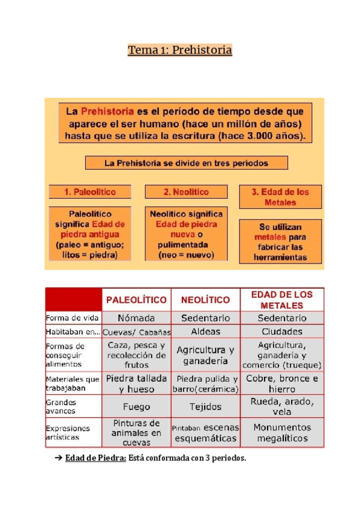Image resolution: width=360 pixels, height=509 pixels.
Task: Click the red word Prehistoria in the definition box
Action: [x=107, y=112]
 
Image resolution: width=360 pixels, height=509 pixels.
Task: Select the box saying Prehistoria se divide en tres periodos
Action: [x=186, y=163]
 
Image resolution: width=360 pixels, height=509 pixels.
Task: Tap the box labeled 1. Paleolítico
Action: [x=90, y=192]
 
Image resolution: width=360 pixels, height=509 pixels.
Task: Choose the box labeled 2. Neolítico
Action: [x=187, y=192]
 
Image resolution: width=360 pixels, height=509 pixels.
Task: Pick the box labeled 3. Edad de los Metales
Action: [x=280, y=197]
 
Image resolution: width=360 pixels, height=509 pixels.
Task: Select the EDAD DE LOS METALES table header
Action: [x=282, y=300]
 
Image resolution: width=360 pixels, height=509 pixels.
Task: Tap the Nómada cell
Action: [x=137, y=318]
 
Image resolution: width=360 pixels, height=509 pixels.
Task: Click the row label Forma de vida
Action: [x=73, y=318]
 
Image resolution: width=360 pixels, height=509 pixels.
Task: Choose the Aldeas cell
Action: [x=205, y=331]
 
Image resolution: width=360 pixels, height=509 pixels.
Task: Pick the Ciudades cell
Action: [x=282, y=331]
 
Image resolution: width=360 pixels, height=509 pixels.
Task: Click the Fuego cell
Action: [x=137, y=407]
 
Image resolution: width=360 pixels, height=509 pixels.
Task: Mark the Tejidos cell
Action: [x=205, y=407]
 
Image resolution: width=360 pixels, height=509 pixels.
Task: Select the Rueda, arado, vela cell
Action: [x=282, y=407]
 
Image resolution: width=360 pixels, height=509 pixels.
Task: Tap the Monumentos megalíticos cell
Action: [x=282, y=433]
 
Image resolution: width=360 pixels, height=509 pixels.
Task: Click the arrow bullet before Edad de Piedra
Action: [x=58, y=459]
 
